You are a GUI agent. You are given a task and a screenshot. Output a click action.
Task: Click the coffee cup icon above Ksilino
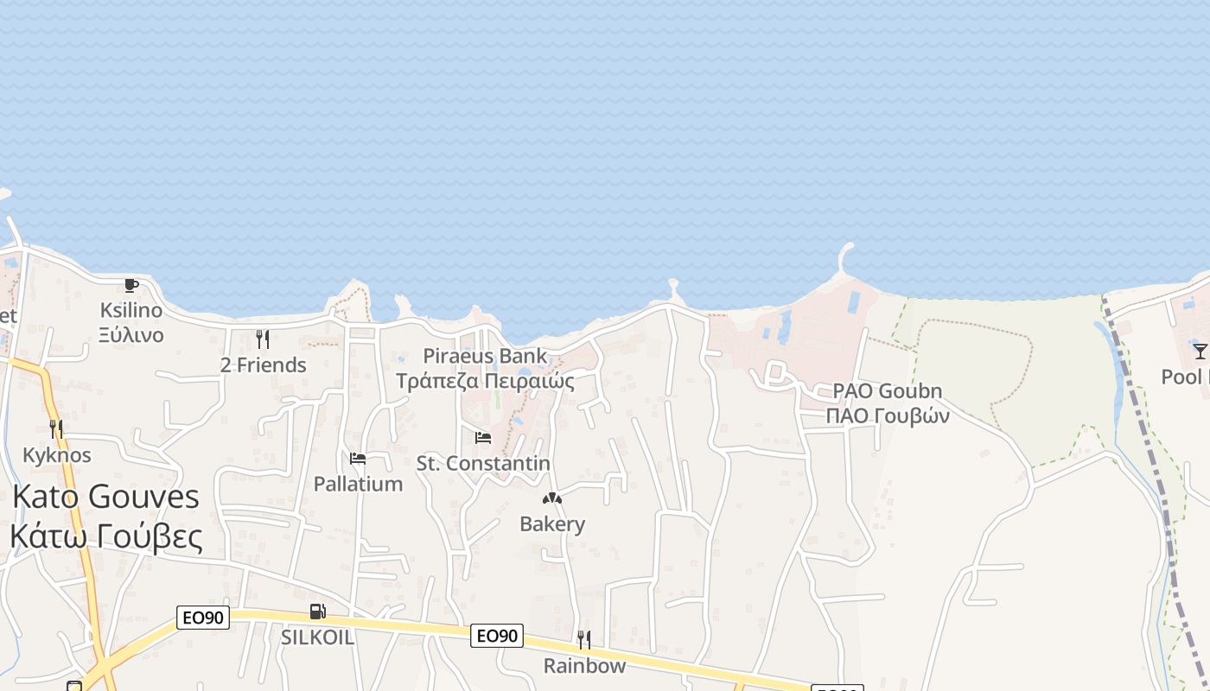pos(131,285)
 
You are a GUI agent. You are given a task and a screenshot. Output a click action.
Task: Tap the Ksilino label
pos(131,310)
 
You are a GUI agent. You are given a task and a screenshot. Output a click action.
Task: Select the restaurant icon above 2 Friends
pos(263,339)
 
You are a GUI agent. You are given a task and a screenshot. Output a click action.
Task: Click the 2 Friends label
pos(263,365)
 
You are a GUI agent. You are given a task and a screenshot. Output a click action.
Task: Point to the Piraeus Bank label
pos(485,356)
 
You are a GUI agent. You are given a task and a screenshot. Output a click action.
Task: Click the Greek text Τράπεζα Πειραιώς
pos(485,381)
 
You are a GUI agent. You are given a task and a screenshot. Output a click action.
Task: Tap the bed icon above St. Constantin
pos(483,438)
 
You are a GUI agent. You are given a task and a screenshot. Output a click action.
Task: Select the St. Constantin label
pos(483,463)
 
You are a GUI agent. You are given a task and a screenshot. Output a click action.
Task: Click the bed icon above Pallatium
pos(358,459)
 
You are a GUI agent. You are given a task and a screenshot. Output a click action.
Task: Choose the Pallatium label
pos(358,484)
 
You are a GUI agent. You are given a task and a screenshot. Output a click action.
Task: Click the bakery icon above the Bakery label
pos(552,498)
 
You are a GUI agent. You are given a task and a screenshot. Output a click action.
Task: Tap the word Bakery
pos(552,523)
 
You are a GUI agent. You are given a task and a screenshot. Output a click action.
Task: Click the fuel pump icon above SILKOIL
pos(318,612)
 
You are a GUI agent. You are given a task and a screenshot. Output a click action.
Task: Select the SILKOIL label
pos(318,637)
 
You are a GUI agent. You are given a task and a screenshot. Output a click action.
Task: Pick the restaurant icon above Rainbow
pos(584,640)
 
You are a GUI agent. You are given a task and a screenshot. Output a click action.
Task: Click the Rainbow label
pos(584,665)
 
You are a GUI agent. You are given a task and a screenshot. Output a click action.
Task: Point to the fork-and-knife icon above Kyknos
pos(56,429)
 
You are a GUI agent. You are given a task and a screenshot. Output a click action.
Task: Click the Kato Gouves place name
pos(106,497)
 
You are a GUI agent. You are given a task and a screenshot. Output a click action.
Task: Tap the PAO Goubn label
pos(887,390)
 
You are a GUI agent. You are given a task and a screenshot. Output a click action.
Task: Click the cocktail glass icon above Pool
pos(1200,351)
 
